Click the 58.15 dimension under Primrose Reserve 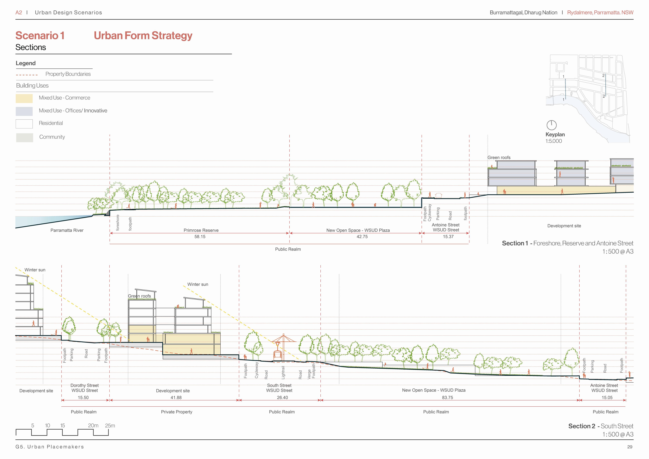(200, 237)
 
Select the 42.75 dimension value (362, 237)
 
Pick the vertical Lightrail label (283, 372)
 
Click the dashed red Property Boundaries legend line (27, 75)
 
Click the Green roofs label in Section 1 (499, 158)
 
